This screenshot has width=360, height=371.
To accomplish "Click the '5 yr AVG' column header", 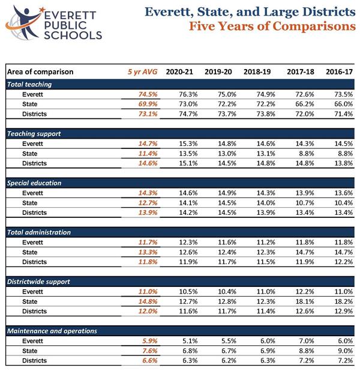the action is point(142,71).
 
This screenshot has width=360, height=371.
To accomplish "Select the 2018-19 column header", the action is point(257,71).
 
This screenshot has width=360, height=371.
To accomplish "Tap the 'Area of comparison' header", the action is point(40,71).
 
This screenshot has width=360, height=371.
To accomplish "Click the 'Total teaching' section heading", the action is point(29,85).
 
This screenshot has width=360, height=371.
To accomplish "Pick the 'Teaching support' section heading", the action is point(34,134).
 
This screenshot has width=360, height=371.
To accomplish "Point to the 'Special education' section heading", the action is point(34,183).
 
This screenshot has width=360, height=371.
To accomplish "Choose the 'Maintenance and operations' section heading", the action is point(52,331).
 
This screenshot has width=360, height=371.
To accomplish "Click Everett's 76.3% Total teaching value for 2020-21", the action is point(188,94).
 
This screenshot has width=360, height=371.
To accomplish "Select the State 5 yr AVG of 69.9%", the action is point(148,104).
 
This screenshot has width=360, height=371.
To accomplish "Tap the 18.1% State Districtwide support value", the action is point(305,301).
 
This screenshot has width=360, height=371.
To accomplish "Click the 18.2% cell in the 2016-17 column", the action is point(343,301).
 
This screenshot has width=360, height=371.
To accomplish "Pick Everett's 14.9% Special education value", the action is point(227,193).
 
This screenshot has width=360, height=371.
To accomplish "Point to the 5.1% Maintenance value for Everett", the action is point(190,341).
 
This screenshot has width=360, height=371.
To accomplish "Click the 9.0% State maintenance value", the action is point(346,351).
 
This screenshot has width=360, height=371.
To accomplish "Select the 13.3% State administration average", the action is point(148,252).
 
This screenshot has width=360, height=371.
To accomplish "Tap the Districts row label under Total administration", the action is point(34,262).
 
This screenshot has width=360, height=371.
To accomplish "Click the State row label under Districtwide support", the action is point(29,301).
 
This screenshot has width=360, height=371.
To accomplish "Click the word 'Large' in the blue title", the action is point(281,12).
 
